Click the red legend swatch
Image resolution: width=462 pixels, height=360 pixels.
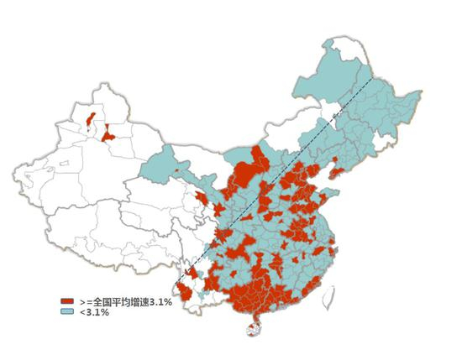66,300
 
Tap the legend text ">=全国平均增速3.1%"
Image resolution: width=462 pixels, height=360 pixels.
125,300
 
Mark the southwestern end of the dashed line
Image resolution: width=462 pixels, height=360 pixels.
177,282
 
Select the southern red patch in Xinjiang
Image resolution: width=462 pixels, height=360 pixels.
108,133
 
